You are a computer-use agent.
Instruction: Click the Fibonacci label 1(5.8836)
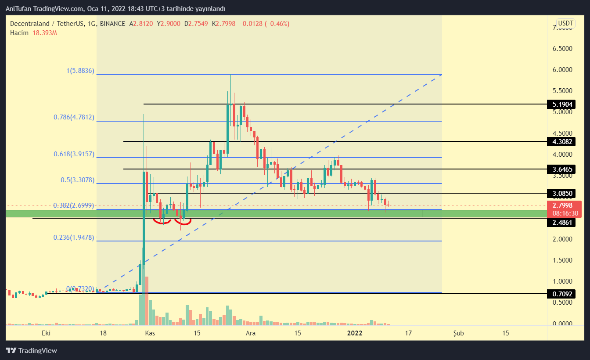point(79,71)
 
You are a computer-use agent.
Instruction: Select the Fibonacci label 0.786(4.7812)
point(74,117)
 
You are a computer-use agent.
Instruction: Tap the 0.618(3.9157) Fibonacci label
point(74,154)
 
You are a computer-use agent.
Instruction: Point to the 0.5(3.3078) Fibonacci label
point(77,180)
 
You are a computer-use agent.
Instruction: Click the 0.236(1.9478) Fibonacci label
point(74,237)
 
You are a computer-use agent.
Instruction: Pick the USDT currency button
point(565,23)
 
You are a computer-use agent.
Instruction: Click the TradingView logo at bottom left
point(31,350)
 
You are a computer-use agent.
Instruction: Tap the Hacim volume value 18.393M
point(45,32)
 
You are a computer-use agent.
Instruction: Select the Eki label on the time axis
point(46,333)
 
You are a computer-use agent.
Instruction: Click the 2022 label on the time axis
point(355,333)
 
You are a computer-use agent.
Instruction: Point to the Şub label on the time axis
point(458,333)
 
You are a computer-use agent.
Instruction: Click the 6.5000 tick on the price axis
point(565,49)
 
